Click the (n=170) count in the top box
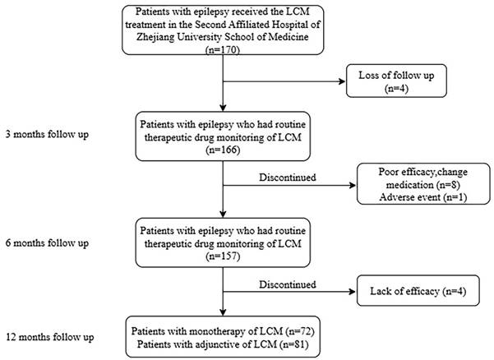223,50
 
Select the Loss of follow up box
396,81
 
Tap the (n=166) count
223,150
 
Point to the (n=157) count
223,256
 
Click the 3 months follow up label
47,135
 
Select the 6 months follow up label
47,243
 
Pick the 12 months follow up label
50,337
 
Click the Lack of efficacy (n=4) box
418,291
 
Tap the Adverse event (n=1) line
423,197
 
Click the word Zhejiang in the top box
155,37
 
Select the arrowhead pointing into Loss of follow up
342,81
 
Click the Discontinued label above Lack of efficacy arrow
288,284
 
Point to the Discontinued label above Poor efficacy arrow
288,178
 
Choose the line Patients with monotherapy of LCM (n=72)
223,331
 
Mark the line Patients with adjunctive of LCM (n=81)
223,344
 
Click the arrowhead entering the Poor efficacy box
353,185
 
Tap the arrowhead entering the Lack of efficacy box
353,292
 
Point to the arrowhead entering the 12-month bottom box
223,312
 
